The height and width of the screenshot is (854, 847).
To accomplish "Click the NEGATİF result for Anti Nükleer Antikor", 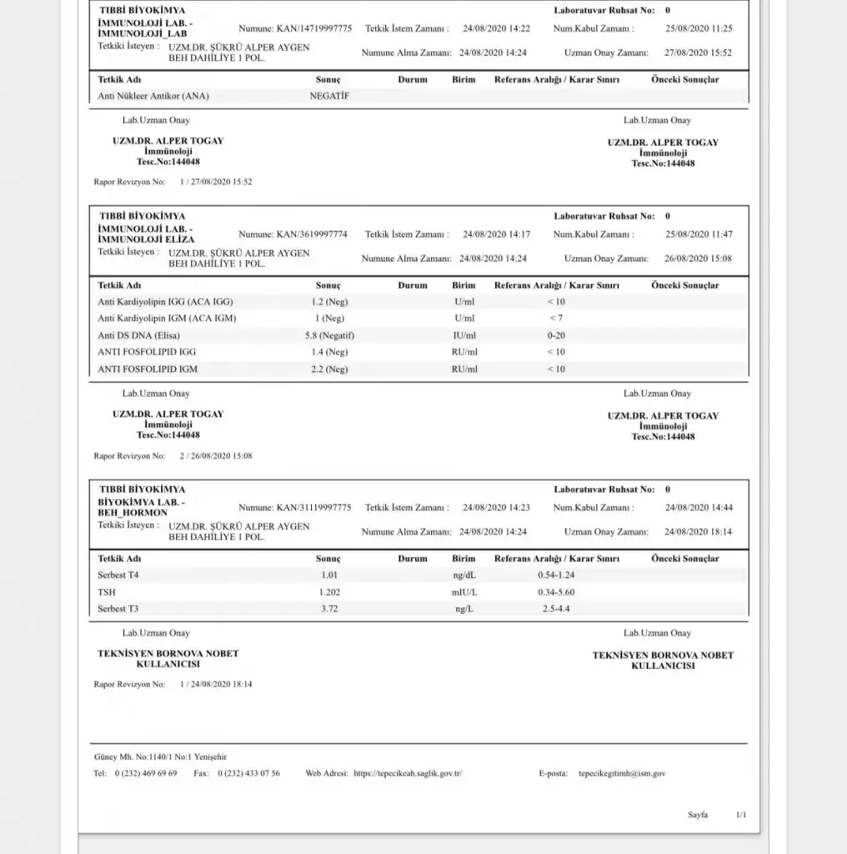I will (329, 96).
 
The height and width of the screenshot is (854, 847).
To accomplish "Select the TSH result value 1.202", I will (330, 592).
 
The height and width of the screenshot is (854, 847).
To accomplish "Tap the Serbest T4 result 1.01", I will (330, 575).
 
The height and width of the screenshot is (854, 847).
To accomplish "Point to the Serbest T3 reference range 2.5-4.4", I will (556, 609).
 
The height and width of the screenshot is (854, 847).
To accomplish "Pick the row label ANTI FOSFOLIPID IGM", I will (148, 369).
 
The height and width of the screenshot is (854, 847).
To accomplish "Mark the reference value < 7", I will (556, 319).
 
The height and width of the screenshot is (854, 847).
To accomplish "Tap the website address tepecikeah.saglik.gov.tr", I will (408, 773).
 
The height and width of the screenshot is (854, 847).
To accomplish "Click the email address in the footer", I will (621, 773).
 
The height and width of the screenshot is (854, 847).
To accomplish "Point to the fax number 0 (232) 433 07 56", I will (248, 773).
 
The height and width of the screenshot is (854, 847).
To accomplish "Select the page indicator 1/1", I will (741, 815).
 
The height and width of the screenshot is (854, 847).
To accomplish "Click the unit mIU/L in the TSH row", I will (464, 592).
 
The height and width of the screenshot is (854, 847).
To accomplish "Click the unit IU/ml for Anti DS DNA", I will (464, 335).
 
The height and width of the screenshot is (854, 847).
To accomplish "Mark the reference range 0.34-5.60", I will (556, 592).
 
